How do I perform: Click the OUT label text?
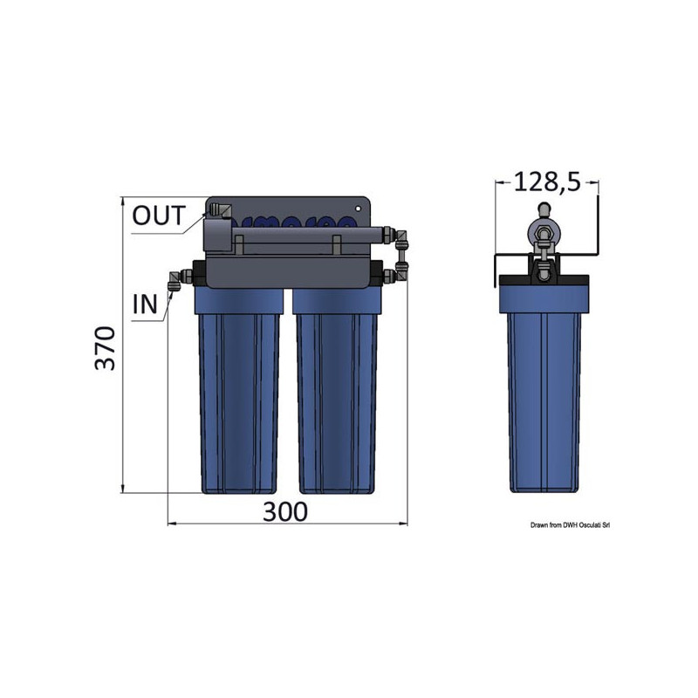158,216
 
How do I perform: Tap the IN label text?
145,304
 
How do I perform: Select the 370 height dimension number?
105,347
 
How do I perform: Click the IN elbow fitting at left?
175,280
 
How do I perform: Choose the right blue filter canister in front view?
335,393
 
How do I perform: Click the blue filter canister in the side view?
544,393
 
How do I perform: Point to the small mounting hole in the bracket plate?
359,209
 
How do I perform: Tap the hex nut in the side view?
543,233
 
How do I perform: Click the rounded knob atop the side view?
543,209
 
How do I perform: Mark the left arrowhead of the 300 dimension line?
170,524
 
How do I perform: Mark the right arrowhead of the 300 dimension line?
404,524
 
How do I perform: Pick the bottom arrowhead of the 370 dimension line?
121,489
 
